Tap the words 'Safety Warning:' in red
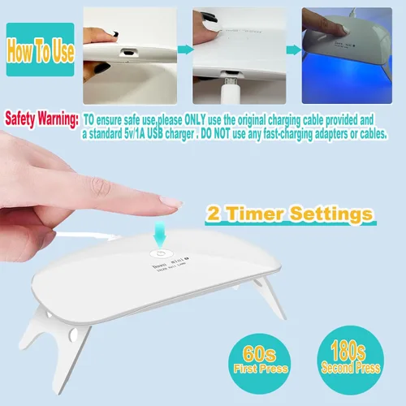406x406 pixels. click(x=41, y=119)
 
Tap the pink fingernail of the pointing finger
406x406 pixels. click(x=173, y=201)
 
